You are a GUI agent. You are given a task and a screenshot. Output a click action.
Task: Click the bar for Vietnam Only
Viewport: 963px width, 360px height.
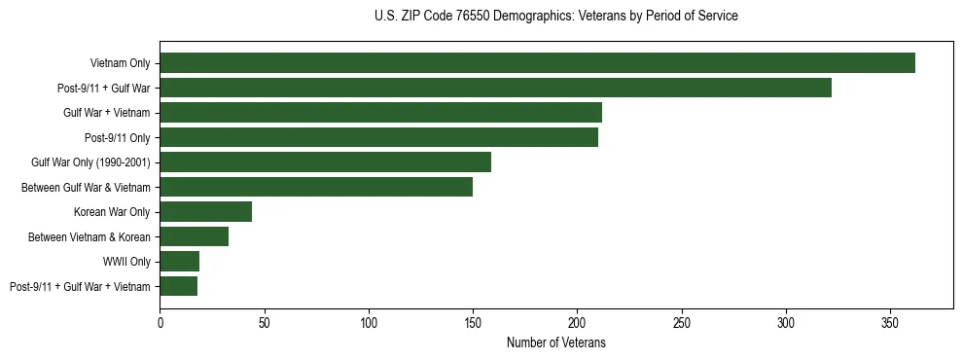[537, 63]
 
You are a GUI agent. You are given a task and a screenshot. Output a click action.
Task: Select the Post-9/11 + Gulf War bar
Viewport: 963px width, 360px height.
[495, 88]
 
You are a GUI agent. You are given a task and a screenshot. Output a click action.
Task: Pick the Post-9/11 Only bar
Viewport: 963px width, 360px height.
[378, 137]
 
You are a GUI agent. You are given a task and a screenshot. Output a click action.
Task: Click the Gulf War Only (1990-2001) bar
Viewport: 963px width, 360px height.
[325, 162]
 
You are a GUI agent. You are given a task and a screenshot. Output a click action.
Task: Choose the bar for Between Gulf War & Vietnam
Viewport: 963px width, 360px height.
[316, 187]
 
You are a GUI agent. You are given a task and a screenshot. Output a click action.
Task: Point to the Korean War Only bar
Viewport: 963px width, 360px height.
[205, 211]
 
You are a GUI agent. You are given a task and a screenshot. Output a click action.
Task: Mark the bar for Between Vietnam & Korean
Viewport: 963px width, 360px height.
[194, 236]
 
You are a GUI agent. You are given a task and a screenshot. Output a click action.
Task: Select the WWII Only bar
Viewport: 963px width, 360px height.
[179, 261]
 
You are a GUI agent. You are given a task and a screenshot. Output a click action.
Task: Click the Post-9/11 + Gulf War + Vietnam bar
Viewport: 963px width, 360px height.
[178, 286]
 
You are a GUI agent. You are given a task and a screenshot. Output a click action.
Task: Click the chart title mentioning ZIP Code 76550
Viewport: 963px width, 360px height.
[555, 17]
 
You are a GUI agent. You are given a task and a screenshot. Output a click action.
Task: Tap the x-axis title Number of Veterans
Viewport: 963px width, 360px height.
[555, 343]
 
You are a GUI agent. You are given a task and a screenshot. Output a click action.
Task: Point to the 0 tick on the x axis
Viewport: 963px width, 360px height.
[160, 321]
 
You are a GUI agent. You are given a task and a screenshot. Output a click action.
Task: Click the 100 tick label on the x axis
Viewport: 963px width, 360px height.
[369, 321]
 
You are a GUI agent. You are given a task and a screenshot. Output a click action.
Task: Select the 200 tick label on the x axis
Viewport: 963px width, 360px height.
[577, 321]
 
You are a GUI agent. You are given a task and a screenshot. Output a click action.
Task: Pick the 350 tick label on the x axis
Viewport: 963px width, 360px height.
[890, 321]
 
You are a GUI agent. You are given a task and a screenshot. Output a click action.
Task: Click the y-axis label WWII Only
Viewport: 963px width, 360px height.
[126, 262]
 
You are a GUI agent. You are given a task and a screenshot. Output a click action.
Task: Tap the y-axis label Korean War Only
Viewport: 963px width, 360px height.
[112, 212]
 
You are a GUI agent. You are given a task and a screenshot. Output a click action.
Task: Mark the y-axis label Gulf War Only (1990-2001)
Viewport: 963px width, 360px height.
[90, 162]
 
